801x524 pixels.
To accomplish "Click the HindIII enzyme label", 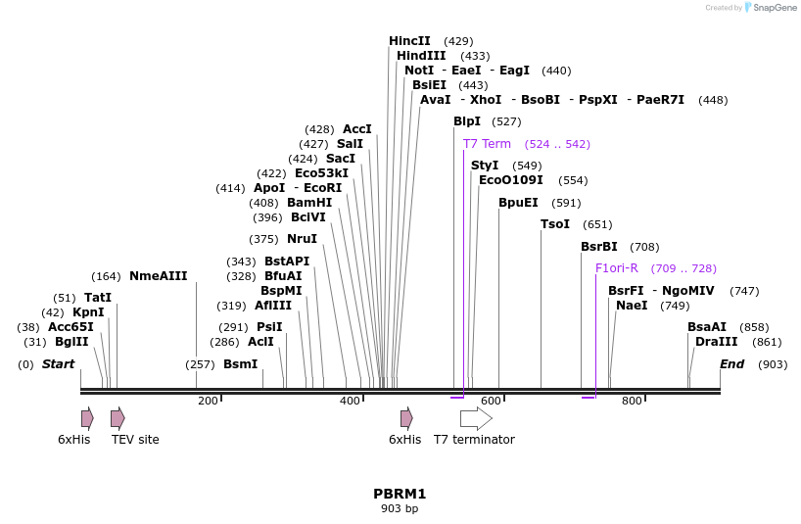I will tap(421, 56).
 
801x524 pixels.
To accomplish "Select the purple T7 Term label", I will tap(487, 144).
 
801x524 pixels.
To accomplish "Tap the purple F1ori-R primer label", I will tap(616, 268).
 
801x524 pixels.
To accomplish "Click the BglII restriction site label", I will tap(71, 342).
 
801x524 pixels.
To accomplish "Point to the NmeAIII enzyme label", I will tap(158, 276).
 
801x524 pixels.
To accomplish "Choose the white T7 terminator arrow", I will tap(476, 419).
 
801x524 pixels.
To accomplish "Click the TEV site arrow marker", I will tap(118, 419).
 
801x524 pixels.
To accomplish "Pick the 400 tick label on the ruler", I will tap(350, 401).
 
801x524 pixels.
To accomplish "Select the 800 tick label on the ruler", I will tap(632, 401).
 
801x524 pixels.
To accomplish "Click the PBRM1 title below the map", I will tap(400, 494).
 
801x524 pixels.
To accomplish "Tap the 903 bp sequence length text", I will tap(400, 508).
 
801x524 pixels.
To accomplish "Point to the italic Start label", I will tap(58, 364).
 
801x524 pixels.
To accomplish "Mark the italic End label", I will tap(731, 364).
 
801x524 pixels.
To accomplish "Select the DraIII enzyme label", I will tap(716, 342).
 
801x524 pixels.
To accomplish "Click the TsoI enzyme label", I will tap(555, 224).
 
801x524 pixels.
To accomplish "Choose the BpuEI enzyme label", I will tap(518, 203).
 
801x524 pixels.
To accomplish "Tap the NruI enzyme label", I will tap(302, 239).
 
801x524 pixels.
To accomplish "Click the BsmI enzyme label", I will tap(240, 364).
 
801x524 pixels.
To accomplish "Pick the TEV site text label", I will tap(135, 440).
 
